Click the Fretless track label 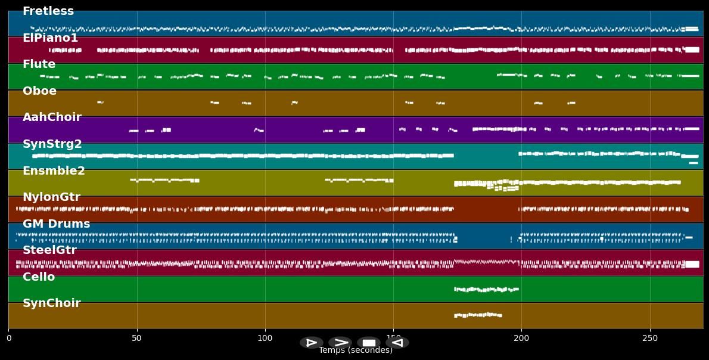coord(48,11)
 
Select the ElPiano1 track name coord(50,38)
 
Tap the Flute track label coord(39,64)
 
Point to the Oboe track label coord(39,91)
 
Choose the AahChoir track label coord(52,117)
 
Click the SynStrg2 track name coord(52,144)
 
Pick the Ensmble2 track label coord(54,171)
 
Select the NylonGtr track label coord(51,197)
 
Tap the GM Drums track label coord(56,224)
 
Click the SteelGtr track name coord(49,250)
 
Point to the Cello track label coord(39,277)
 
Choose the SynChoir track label coord(51,303)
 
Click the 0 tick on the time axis coord(9,339)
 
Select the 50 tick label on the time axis coord(137,339)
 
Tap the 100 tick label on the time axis coord(265,339)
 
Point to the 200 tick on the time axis coord(521,339)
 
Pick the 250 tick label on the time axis coord(649,339)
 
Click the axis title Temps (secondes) coord(356,350)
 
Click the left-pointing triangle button coord(397,343)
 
